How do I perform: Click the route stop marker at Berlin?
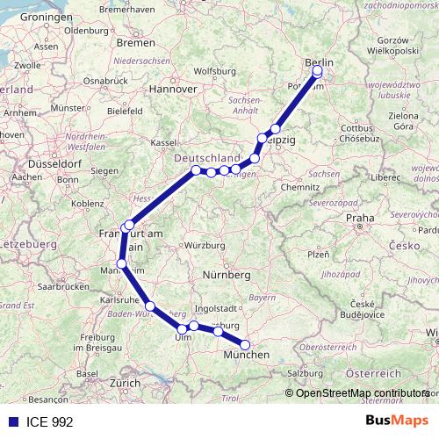pyautogui.click(x=317, y=72)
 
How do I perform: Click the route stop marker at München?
pyautogui.click(x=246, y=345)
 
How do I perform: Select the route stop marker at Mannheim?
pyautogui.click(x=121, y=263)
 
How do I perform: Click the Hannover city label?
pyautogui.click(x=172, y=89)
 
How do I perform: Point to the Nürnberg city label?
pyautogui.click(x=227, y=275)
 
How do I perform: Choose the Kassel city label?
pyautogui.click(x=165, y=141)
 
